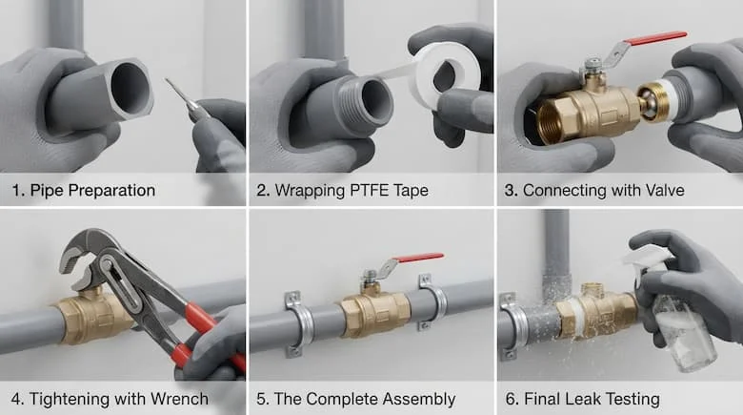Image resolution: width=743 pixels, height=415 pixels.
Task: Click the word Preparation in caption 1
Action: pyautogui.click(x=111, y=191)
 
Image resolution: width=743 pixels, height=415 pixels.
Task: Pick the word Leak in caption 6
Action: pyautogui.click(x=586, y=399)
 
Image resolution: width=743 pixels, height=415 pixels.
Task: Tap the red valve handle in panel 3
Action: pyautogui.click(x=655, y=38)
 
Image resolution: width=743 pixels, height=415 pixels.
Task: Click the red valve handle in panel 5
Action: pyautogui.click(x=418, y=258)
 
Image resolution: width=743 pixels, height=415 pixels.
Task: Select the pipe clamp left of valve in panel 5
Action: pyautogui.click(x=297, y=323)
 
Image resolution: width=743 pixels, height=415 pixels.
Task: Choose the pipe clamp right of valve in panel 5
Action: pyautogui.click(x=432, y=302)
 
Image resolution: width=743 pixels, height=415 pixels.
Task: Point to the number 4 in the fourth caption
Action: pyautogui.click(x=15, y=400)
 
